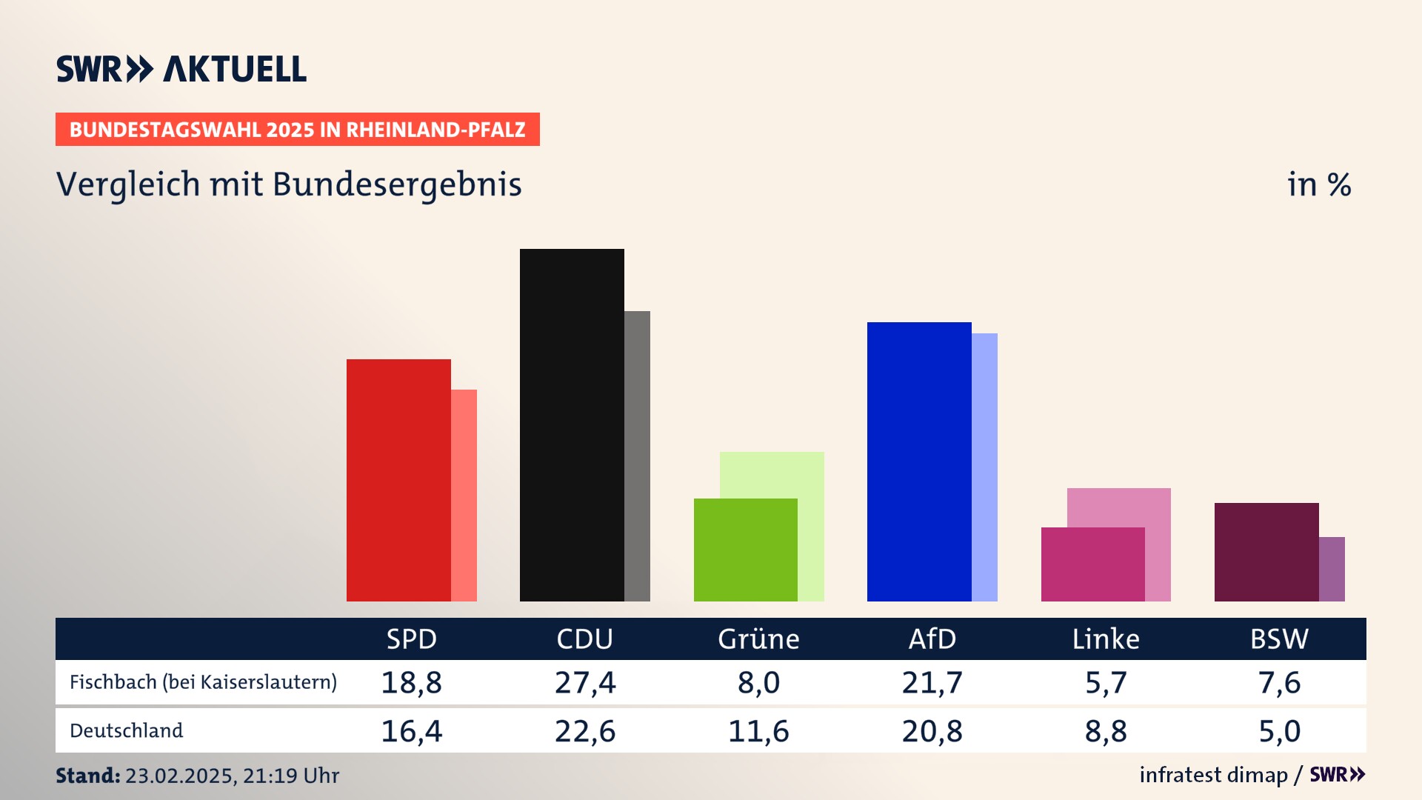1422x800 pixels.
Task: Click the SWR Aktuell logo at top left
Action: [x=181, y=69]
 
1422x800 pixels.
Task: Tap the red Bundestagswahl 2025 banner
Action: [x=297, y=130]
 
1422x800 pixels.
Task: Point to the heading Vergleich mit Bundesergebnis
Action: [x=289, y=184]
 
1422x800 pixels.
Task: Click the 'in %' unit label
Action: [x=1319, y=185]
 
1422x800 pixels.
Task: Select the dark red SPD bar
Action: [x=398, y=480]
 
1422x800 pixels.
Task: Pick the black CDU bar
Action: [x=572, y=424]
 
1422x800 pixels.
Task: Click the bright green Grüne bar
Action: [x=745, y=550]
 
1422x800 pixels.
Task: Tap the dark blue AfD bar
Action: [x=919, y=461]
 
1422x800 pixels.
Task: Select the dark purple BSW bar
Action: [x=1266, y=552]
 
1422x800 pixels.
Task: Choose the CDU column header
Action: [x=585, y=639]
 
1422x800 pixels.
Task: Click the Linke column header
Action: [x=1106, y=639]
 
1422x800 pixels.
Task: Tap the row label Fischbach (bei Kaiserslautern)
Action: [x=203, y=682]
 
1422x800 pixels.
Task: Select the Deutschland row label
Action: [x=126, y=731]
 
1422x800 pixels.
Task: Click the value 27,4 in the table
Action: [x=585, y=682]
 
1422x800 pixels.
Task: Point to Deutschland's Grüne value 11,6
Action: [x=758, y=731]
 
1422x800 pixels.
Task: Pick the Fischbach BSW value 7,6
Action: [x=1279, y=682]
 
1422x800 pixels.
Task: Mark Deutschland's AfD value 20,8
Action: [x=932, y=731]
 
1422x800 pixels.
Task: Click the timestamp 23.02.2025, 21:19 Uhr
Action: [x=232, y=776]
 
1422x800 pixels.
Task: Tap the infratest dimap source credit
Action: [x=1213, y=775]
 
